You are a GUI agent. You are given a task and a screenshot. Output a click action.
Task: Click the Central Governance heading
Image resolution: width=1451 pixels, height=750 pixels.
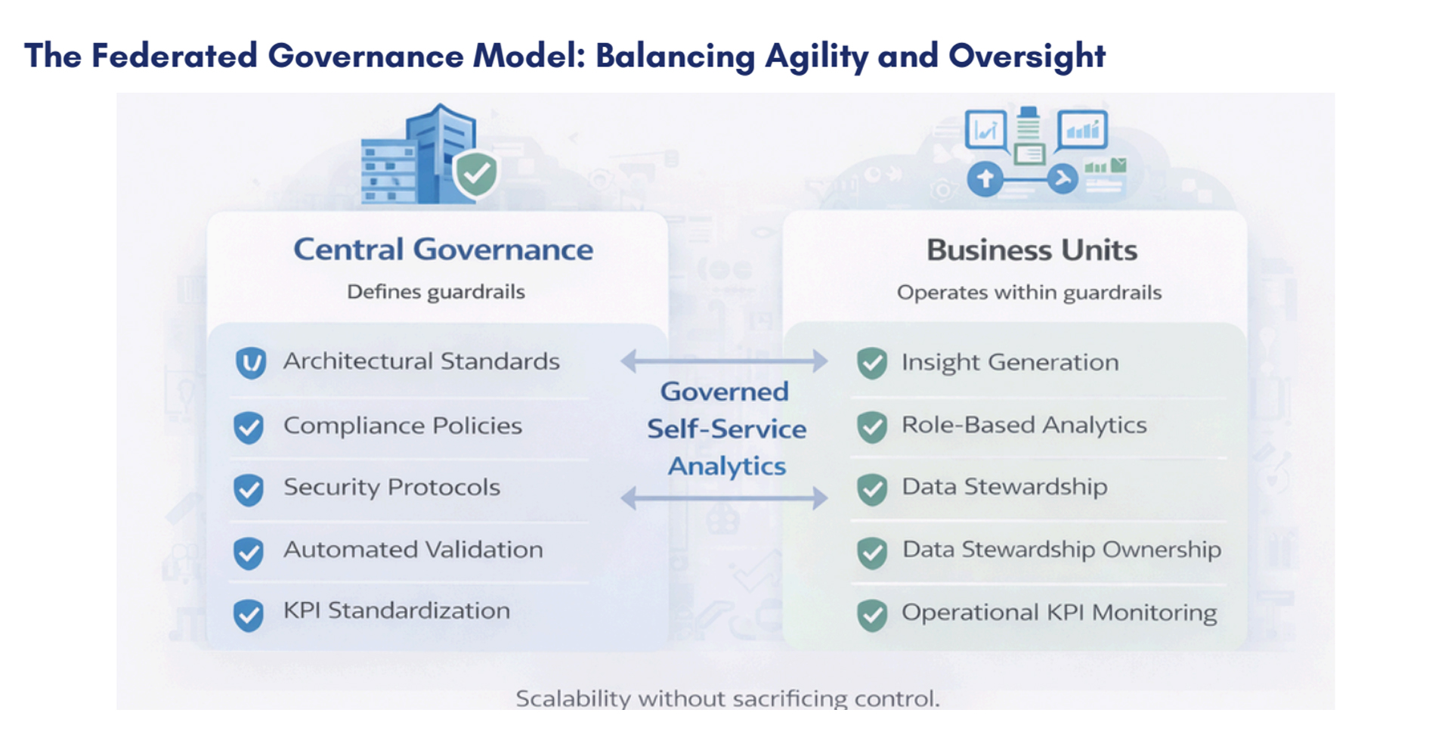click(443, 249)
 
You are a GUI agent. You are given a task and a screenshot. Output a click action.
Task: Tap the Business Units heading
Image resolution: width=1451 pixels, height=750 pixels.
click(1032, 250)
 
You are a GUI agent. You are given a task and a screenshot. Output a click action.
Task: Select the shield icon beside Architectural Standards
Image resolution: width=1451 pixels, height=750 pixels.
click(250, 363)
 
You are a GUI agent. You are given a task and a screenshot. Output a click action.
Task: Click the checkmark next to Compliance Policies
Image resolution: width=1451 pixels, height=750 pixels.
click(249, 428)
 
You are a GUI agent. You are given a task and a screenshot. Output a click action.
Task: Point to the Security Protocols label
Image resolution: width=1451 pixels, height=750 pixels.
click(391, 488)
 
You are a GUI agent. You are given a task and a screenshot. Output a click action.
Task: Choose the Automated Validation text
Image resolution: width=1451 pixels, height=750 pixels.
click(413, 550)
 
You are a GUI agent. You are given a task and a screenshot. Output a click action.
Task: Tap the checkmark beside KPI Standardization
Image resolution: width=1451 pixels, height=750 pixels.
click(249, 615)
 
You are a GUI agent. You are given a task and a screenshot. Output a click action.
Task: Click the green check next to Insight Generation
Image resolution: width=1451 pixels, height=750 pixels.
click(872, 364)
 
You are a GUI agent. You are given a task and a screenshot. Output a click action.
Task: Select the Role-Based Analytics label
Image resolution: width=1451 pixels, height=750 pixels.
click(1024, 425)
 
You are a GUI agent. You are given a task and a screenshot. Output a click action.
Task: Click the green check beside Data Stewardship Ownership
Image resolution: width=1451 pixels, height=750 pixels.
click(872, 553)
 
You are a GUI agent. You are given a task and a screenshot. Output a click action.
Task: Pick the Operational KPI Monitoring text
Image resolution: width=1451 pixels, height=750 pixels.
click(1059, 612)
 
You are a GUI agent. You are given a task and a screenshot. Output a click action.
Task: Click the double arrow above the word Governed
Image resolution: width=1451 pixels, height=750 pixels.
click(724, 361)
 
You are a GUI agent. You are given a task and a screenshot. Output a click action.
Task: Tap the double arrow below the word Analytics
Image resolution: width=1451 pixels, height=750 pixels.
click(724, 497)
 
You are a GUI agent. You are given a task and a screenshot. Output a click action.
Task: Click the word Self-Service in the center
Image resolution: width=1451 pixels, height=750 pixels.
click(726, 429)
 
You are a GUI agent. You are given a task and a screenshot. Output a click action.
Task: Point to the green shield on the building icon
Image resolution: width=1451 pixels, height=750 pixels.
click(476, 175)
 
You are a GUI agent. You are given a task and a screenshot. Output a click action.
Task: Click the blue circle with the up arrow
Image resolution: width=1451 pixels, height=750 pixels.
click(985, 180)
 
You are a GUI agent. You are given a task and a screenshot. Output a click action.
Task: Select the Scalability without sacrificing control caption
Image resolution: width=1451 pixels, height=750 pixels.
click(727, 698)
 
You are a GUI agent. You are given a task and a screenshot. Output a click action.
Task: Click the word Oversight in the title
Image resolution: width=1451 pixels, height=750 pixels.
click(1026, 56)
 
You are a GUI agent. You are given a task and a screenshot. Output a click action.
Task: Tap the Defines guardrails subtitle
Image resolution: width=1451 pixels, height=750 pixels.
click(435, 292)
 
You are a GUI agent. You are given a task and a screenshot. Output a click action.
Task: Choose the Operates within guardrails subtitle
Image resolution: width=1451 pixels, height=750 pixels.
click(1029, 293)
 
